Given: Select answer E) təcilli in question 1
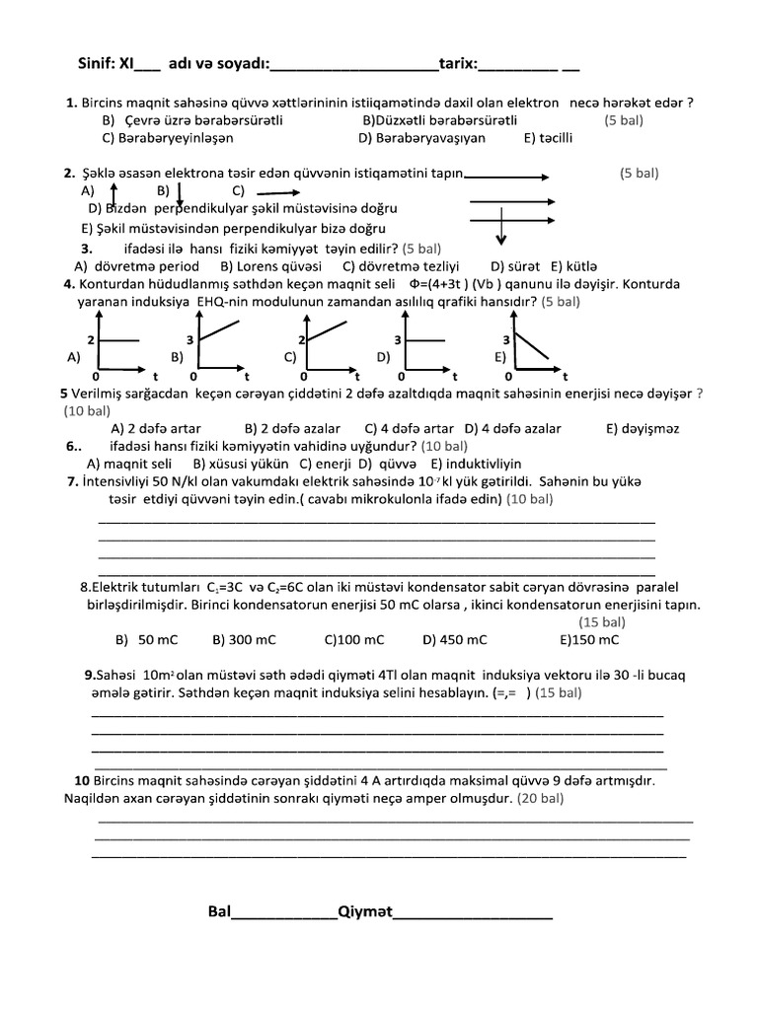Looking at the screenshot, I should coord(549,138).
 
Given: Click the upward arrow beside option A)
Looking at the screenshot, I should coord(114,192).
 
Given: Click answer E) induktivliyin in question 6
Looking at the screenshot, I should coord(476,463).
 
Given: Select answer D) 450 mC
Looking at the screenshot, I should coord(455,639).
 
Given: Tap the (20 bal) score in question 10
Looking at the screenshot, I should coord(547,798).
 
